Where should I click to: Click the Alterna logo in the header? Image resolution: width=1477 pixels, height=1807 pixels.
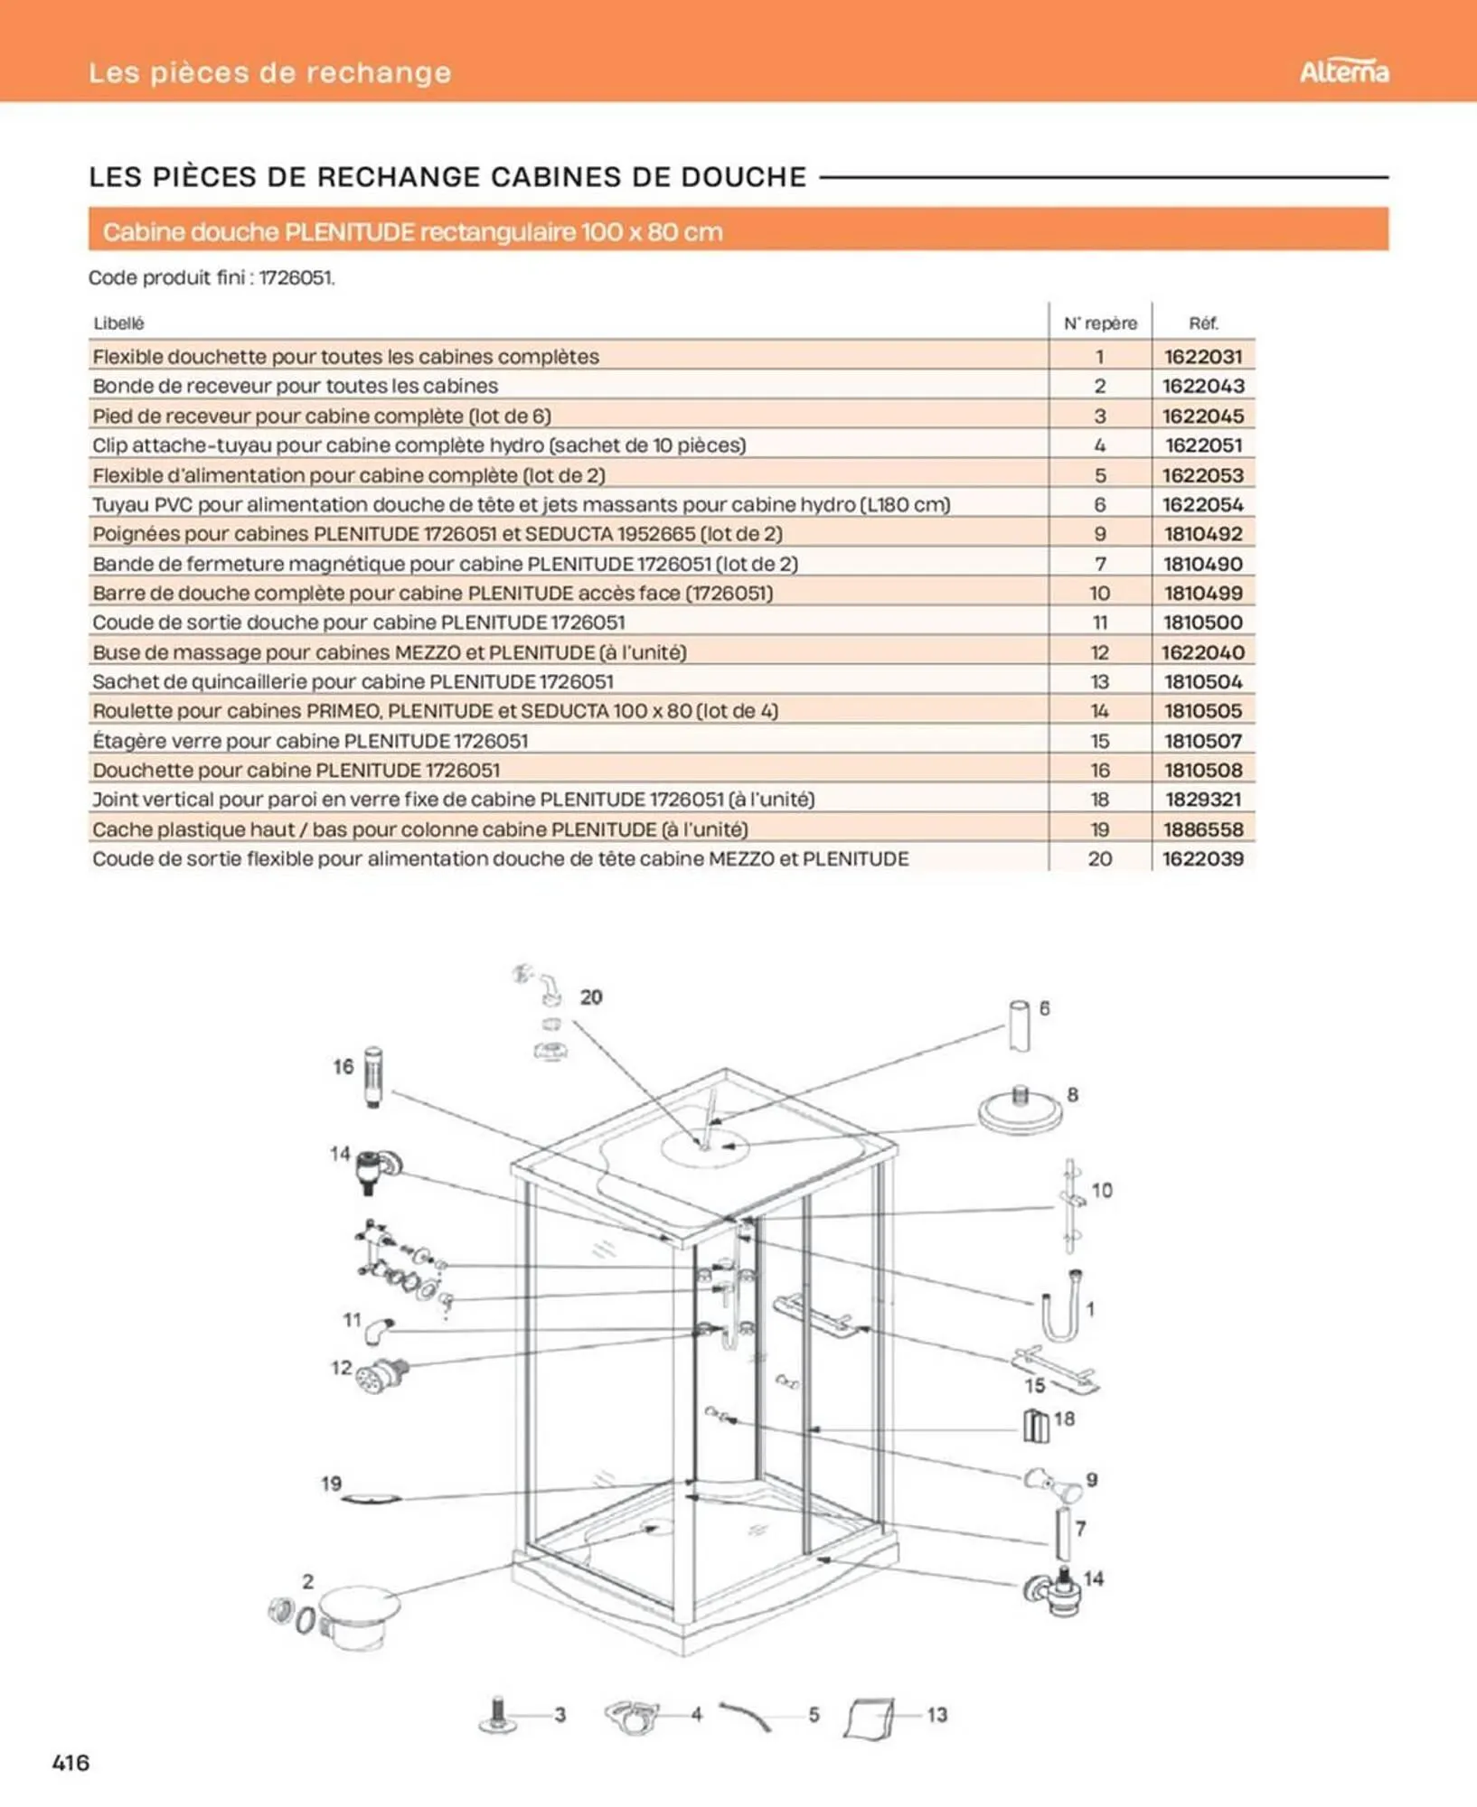pos(1343,71)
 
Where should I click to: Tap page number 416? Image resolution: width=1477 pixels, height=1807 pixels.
pos(71,1761)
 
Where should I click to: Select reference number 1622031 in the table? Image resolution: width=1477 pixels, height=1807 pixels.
pos(1202,356)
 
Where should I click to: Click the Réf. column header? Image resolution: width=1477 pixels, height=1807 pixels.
pos(1202,323)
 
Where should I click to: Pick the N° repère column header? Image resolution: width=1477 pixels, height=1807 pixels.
pos(1099,323)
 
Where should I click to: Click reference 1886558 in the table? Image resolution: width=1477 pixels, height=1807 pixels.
pos(1202,829)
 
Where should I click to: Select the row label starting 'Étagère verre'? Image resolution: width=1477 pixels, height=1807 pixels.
pos(310,741)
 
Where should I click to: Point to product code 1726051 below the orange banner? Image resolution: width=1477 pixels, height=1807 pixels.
pos(296,277)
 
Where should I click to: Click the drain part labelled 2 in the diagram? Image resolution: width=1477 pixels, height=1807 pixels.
pos(358,1616)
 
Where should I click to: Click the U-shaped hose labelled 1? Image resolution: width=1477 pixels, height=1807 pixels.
pos(1060,1307)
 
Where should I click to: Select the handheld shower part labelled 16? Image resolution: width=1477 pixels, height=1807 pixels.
pos(372,1076)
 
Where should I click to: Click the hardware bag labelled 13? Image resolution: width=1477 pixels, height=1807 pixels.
pos(870,1716)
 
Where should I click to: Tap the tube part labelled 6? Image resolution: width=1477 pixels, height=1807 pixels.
pos(1019,1025)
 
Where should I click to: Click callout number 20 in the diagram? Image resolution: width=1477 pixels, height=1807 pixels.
pos(591,997)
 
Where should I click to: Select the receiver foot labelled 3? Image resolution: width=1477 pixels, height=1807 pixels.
pos(497,1714)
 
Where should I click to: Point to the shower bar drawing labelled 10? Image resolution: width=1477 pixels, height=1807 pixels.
pos(1070,1206)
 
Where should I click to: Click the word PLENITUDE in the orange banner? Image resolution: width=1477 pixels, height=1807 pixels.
pos(349,232)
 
